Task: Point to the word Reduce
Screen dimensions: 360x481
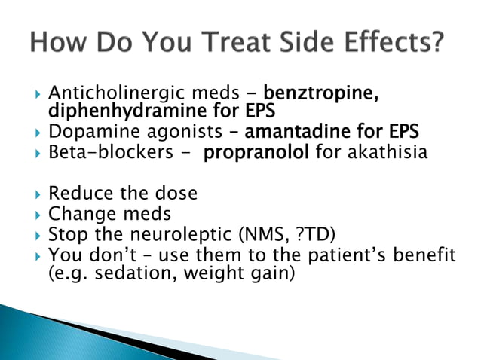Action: (x=78, y=194)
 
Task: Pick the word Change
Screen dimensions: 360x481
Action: (x=80, y=215)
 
